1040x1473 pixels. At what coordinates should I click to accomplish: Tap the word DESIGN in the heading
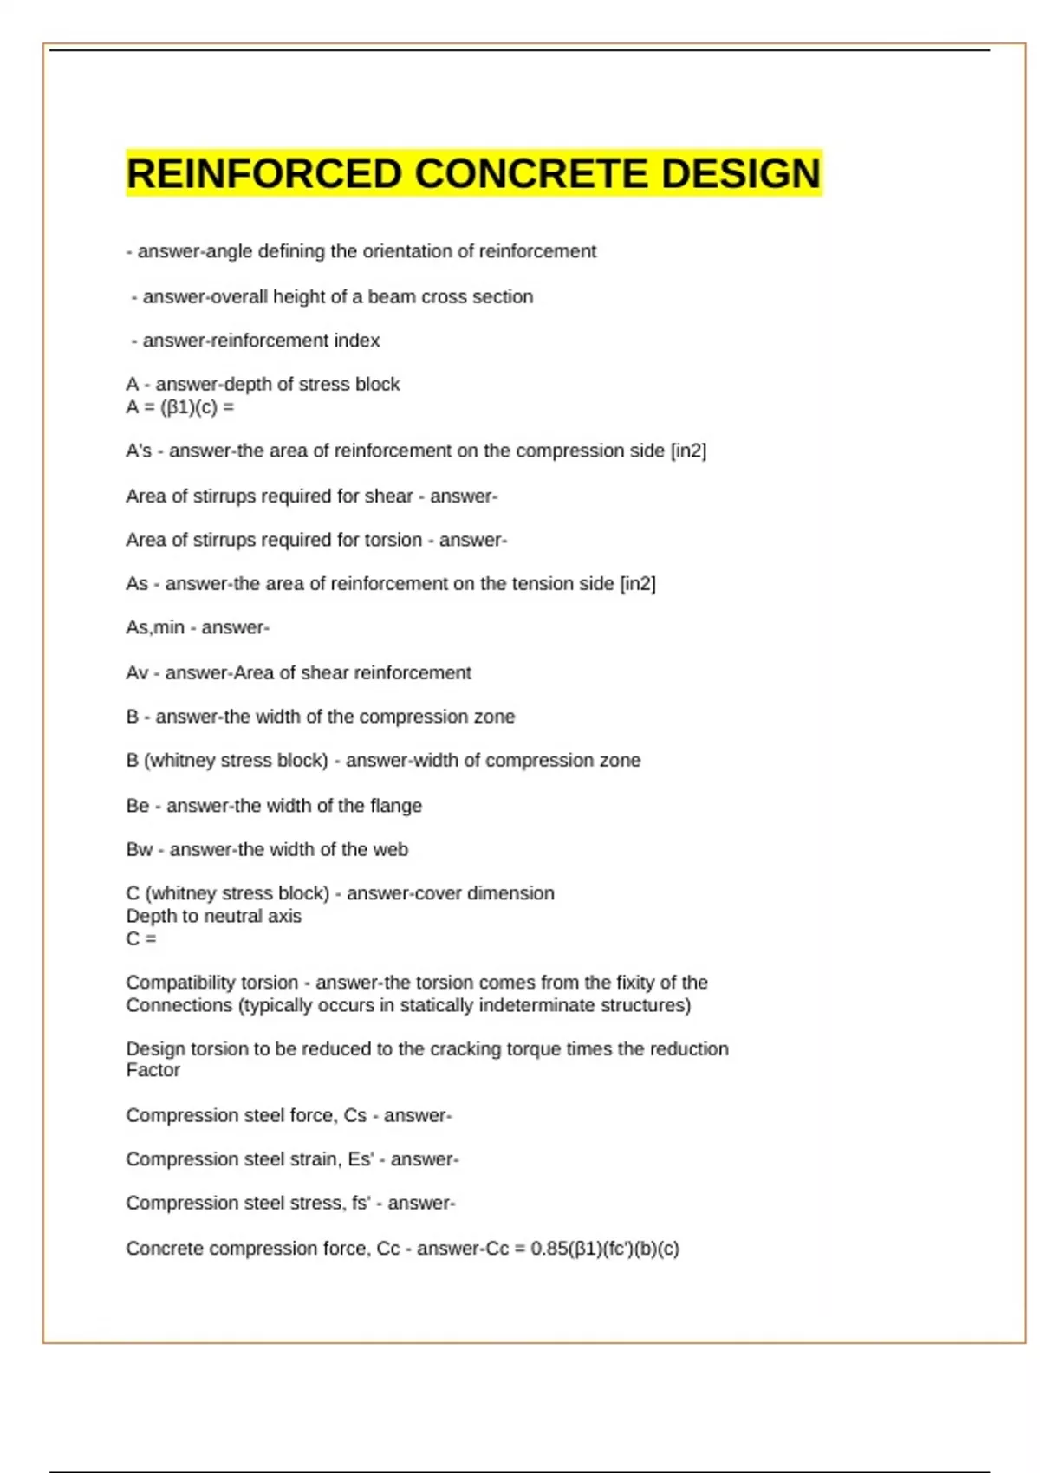click(x=740, y=173)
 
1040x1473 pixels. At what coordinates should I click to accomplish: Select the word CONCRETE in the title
click(x=530, y=173)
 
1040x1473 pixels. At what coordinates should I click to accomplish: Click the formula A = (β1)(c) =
click(x=179, y=407)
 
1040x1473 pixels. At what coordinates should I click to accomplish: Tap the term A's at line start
click(x=139, y=451)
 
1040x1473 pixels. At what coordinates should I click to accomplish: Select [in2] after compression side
click(x=688, y=451)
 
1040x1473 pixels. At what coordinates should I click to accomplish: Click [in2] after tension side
click(x=638, y=584)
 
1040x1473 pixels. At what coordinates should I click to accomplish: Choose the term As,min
click(x=155, y=627)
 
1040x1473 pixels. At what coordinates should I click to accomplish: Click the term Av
click(x=137, y=672)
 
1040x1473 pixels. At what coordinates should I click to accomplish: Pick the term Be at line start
click(x=137, y=806)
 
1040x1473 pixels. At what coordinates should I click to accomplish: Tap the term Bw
click(x=139, y=849)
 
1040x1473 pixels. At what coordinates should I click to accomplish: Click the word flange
click(x=396, y=806)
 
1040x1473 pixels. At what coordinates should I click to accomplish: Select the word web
click(x=390, y=849)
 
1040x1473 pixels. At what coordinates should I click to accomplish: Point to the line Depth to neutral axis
click(x=213, y=916)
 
